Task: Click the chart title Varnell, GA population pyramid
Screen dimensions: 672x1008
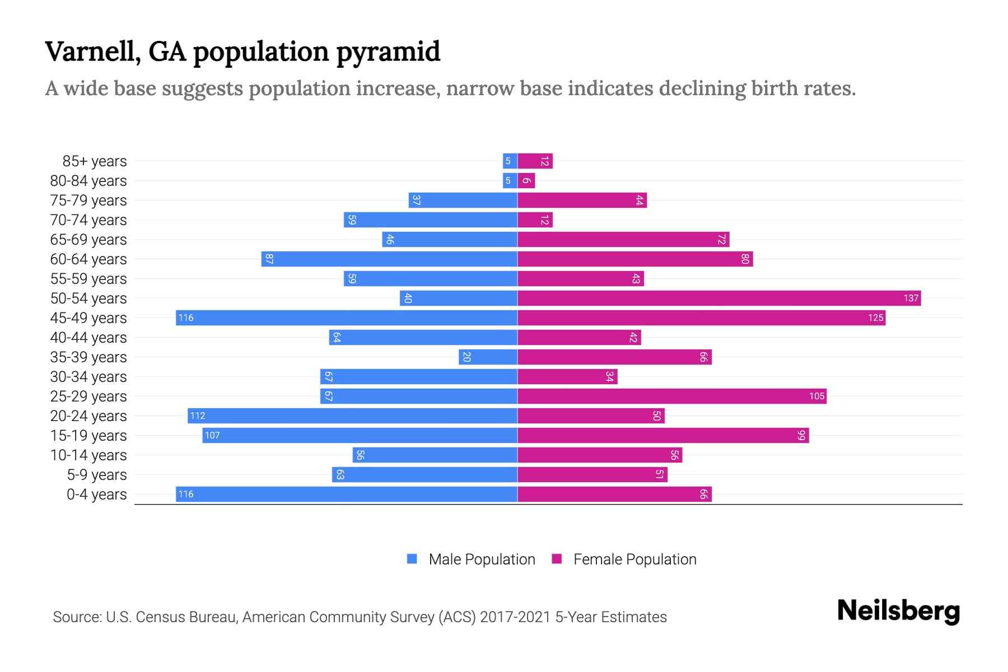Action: (242, 52)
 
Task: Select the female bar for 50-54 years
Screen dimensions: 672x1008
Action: (718, 298)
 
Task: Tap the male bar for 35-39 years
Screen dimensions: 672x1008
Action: (488, 357)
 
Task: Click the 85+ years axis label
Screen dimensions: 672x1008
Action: (94, 161)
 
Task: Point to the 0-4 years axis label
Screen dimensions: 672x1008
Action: (96, 494)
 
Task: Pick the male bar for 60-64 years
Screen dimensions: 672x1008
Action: (389, 259)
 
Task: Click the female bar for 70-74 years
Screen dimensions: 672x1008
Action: (535, 220)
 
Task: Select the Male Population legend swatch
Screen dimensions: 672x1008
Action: (412, 559)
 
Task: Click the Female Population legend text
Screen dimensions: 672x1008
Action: (634, 559)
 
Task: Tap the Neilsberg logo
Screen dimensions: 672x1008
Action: (898, 611)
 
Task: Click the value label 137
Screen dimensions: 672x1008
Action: (911, 298)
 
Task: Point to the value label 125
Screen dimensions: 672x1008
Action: (875, 318)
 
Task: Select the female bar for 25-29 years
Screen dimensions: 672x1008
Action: (671, 396)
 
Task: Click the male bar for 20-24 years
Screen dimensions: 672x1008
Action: (352, 416)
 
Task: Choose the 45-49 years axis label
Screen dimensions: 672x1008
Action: (88, 318)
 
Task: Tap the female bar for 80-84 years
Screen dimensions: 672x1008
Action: (526, 181)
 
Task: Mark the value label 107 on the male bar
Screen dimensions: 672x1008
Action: (212, 436)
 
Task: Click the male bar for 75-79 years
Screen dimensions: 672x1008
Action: (463, 200)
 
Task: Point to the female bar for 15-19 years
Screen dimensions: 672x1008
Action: (663, 436)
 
